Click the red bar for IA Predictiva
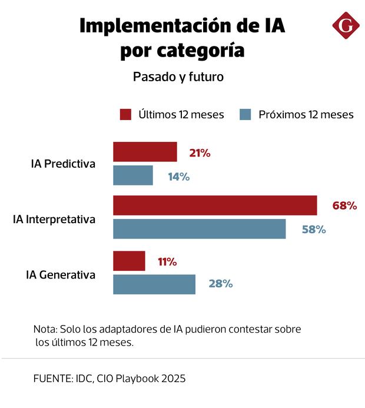(145, 152)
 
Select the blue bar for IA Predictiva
(133, 175)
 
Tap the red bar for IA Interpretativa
(215, 205)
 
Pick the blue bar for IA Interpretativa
(199, 229)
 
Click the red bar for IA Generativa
(129, 261)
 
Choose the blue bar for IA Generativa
(154, 284)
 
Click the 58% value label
(314, 230)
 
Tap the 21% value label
(200, 153)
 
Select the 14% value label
(178, 176)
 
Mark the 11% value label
(167, 261)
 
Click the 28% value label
(221, 284)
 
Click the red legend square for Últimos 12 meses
(125, 114)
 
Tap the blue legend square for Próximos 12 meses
(246, 114)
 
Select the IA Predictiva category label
(63, 164)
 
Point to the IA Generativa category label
(61, 274)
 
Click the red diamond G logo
(346, 25)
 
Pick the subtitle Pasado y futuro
(178, 77)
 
